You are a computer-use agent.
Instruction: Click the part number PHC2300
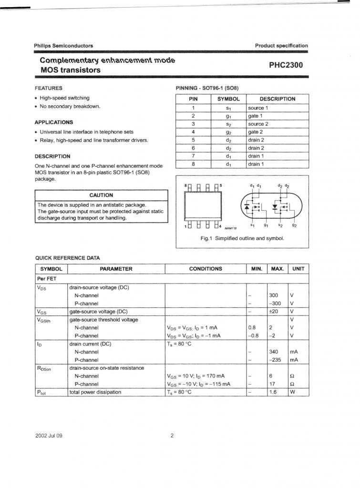286,65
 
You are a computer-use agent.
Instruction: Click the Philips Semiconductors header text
63,46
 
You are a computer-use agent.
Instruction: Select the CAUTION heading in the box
101,195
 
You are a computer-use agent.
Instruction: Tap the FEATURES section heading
49,88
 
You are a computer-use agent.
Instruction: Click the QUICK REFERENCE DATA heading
68,258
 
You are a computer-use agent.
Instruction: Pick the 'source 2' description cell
258,124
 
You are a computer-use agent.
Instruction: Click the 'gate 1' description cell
256,116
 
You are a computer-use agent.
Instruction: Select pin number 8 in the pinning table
193,164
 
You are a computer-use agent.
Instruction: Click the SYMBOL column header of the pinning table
229,99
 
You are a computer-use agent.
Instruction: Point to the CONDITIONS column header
205,269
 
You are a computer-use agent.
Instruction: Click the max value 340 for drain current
274,352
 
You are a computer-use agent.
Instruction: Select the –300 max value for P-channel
275,304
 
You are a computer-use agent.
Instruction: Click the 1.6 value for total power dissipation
273,392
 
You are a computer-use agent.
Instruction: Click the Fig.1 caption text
242,238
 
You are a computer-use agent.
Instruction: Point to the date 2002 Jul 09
49,436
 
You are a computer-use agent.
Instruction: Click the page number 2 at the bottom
172,436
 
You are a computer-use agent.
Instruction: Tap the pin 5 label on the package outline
221,185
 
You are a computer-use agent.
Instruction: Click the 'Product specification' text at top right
281,46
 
